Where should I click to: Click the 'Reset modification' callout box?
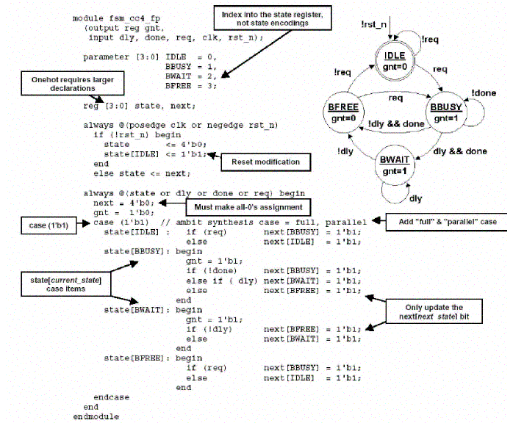[x=266, y=162]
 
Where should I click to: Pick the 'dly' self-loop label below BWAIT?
[x=415, y=198]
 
